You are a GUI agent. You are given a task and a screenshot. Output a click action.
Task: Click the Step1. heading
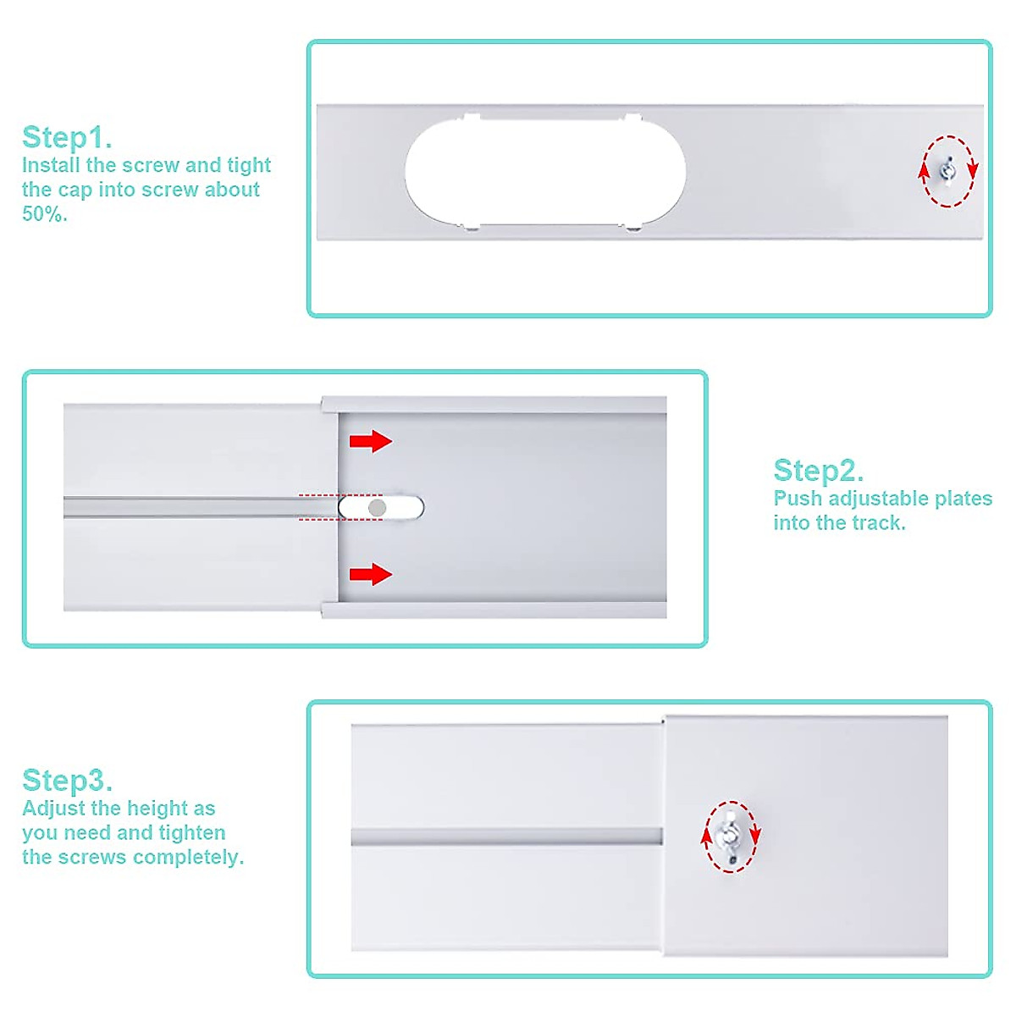(67, 137)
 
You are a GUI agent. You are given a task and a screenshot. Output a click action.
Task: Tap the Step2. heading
(818, 470)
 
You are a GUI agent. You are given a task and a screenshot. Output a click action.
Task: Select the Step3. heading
(67, 780)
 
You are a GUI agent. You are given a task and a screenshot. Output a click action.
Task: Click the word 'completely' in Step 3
(186, 857)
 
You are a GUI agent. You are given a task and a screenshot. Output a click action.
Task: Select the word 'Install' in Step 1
(51, 165)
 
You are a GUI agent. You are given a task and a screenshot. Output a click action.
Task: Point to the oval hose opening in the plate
(545, 172)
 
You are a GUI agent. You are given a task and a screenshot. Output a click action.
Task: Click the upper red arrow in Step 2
(371, 440)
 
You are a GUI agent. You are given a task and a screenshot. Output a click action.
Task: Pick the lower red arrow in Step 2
(371, 575)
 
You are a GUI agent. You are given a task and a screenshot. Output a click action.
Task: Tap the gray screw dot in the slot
(378, 507)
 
